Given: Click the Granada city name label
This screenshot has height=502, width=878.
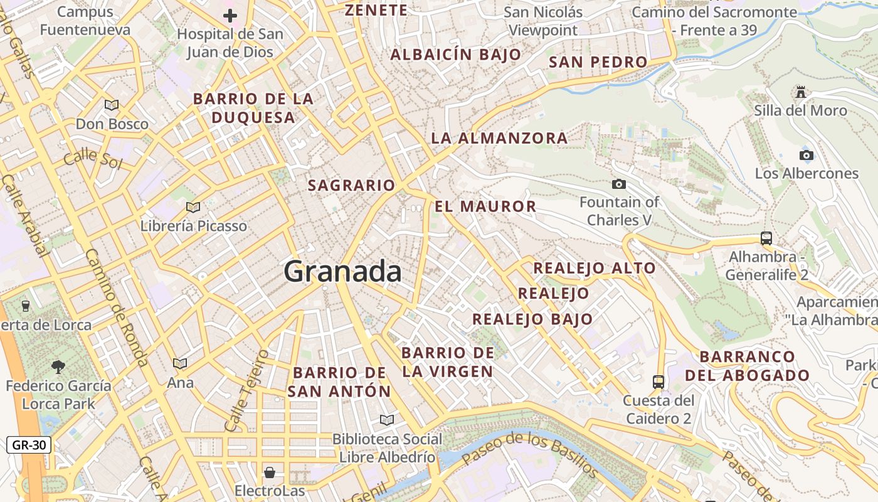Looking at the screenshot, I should pos(342,272).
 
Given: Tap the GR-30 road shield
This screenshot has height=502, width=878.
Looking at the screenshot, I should pos(29,446).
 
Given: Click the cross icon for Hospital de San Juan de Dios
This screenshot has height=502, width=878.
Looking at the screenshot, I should pos(230,16).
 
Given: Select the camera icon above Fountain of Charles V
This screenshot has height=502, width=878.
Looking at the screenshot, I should pos(618,184).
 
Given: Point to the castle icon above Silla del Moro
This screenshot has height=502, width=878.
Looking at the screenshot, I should pos(800,92).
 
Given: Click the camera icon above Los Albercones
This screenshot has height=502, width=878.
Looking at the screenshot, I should pos(807,155).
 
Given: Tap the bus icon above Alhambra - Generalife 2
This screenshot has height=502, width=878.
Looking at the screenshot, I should pos(766,238).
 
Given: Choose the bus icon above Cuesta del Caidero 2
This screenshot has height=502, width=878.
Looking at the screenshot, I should pos(658,382).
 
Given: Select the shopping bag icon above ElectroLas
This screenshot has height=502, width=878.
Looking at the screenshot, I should pos(270,472).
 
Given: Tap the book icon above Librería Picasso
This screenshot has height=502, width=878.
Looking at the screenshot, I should pos(193,207).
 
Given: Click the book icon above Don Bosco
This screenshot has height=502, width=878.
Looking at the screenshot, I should pos(112,105).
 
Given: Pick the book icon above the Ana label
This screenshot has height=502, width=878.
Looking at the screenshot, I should pos(180,363).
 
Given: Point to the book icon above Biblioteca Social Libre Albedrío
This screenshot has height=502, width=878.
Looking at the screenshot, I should pos(387,420).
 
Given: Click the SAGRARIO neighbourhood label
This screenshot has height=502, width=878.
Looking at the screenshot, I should pos(351,185).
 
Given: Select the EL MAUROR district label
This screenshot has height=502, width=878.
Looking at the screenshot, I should pos(485,206).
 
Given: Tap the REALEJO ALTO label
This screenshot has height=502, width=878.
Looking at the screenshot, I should pos(594,269).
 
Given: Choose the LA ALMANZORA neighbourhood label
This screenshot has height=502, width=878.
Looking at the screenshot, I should pos(499,138).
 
